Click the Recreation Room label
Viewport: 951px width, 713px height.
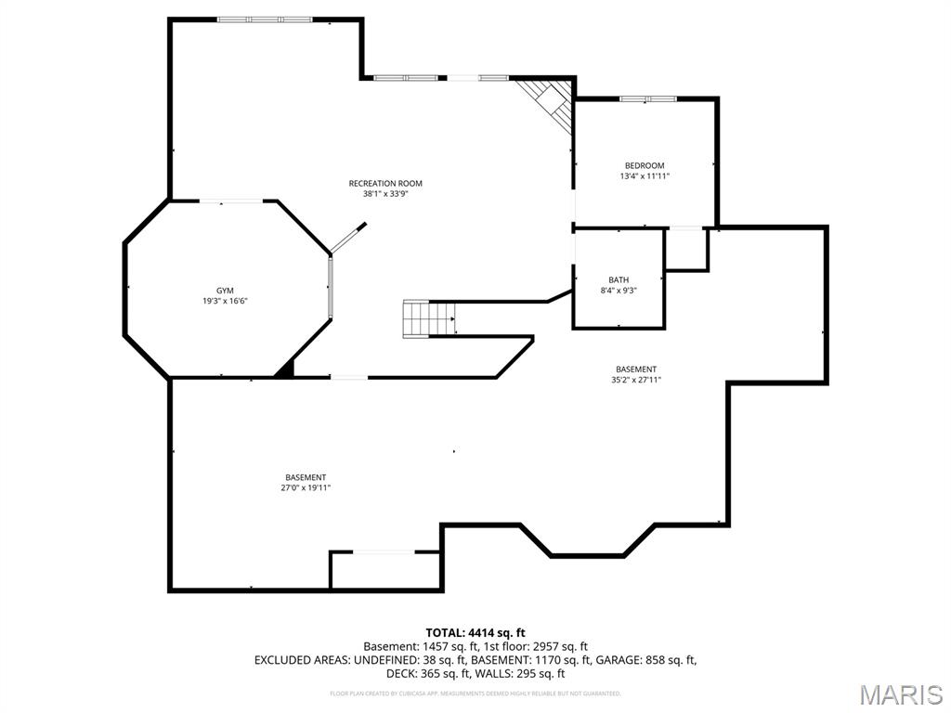pyautogui.click(x=385, y=183)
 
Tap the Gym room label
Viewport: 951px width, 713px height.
pyautogui.click(x=225, y=291)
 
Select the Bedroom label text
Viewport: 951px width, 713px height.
pyautogui.click(x=644, y=165)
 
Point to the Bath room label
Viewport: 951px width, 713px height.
pyautogui.click(x=619, y=279)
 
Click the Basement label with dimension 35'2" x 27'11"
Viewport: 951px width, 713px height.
pyautogui.click(x=635, y=369)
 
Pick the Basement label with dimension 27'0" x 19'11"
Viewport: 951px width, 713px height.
pyautogui.click(x=306, y=477)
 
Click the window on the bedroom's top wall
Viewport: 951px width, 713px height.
pyautogui.click(x=647, y=98)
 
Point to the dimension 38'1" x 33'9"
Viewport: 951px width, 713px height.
pyautogui.click(x=385, y=194)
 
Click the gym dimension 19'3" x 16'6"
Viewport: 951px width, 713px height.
pyautogui.click(x=225, y=301)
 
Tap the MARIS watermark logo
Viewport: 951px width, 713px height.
pyautogui.click(x=900, y=694)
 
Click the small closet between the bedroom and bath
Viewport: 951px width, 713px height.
pyautogui.click(x=686, y=249)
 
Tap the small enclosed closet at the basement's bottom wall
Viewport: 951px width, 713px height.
pyautogui.click(x=385, y=571)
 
